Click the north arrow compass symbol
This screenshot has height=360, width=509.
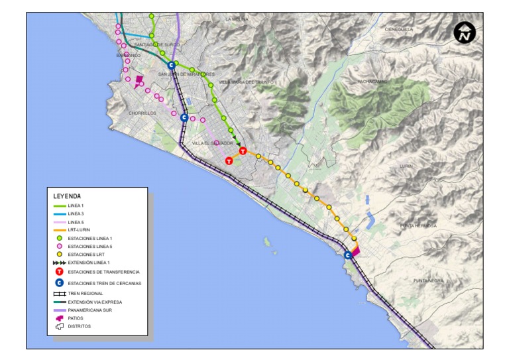pyautogui.click(x=465, y=32)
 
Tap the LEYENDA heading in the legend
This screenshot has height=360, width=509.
pyautogui.click(x=67, y=196)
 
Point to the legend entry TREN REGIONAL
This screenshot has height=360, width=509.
pyautogui.click(x=85, y=293)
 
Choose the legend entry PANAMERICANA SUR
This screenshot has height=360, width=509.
pyautogui.click(x=90, y=310)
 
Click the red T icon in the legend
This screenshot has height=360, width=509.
pyautogui.click(x=60, y=272)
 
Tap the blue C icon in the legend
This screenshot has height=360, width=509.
pyautogui.click(x=60, y=283)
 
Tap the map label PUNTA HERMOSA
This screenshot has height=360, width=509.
pyautogui.click(x=418, y=226)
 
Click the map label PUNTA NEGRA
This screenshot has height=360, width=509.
pyautogui.click(x=428, y=281)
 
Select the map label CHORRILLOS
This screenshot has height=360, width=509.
pyautogui.click(x=142, y=113)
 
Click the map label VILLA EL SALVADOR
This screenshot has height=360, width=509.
pyautogui.click(x=213, y=143)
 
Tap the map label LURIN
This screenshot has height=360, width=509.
pyautogui.click(x=406, y=166)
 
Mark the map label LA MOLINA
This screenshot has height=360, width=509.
pyautogui.click(x=237, y=19)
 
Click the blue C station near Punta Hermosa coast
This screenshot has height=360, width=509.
pyautogui.click(x=348, y=255)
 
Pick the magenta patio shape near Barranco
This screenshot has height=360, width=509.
pyautogui.click(x=139, y=81)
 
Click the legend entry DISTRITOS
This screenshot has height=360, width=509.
pyautogui.click(x=79, y=326)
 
